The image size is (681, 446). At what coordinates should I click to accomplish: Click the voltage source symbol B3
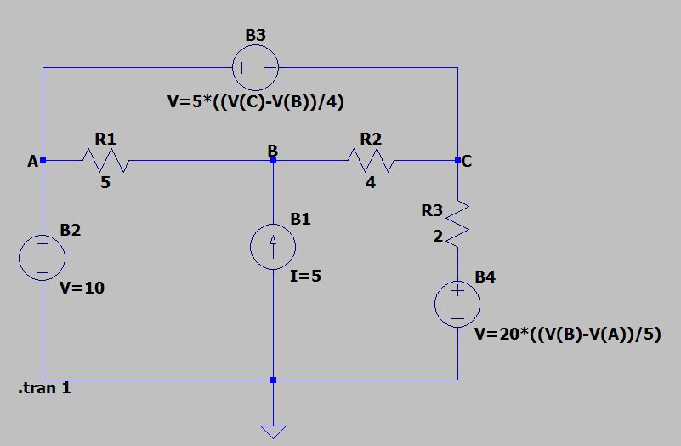[255, 69]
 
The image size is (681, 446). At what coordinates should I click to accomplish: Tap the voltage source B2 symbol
[42, 256]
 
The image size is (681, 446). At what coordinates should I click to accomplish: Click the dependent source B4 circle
[457, 304]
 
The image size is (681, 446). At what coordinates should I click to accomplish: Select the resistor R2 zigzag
[371, 159]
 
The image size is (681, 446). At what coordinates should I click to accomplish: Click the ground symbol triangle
[273, 431]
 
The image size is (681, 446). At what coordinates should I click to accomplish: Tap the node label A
[31, 161]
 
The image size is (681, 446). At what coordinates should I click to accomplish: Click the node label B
[272, 151]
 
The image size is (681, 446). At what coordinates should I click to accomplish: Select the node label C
[468, 161]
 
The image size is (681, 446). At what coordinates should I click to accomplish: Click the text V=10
[82, 289]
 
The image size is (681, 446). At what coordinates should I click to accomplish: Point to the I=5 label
[306, 276]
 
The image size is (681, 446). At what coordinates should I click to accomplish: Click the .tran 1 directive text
[44, 390]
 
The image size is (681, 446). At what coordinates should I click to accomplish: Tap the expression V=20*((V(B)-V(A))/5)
[567, 334]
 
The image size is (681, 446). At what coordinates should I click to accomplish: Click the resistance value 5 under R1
[105, 182]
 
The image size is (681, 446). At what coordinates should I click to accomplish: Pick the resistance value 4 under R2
[371, 182]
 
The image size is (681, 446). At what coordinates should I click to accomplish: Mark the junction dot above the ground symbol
[273, 380]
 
